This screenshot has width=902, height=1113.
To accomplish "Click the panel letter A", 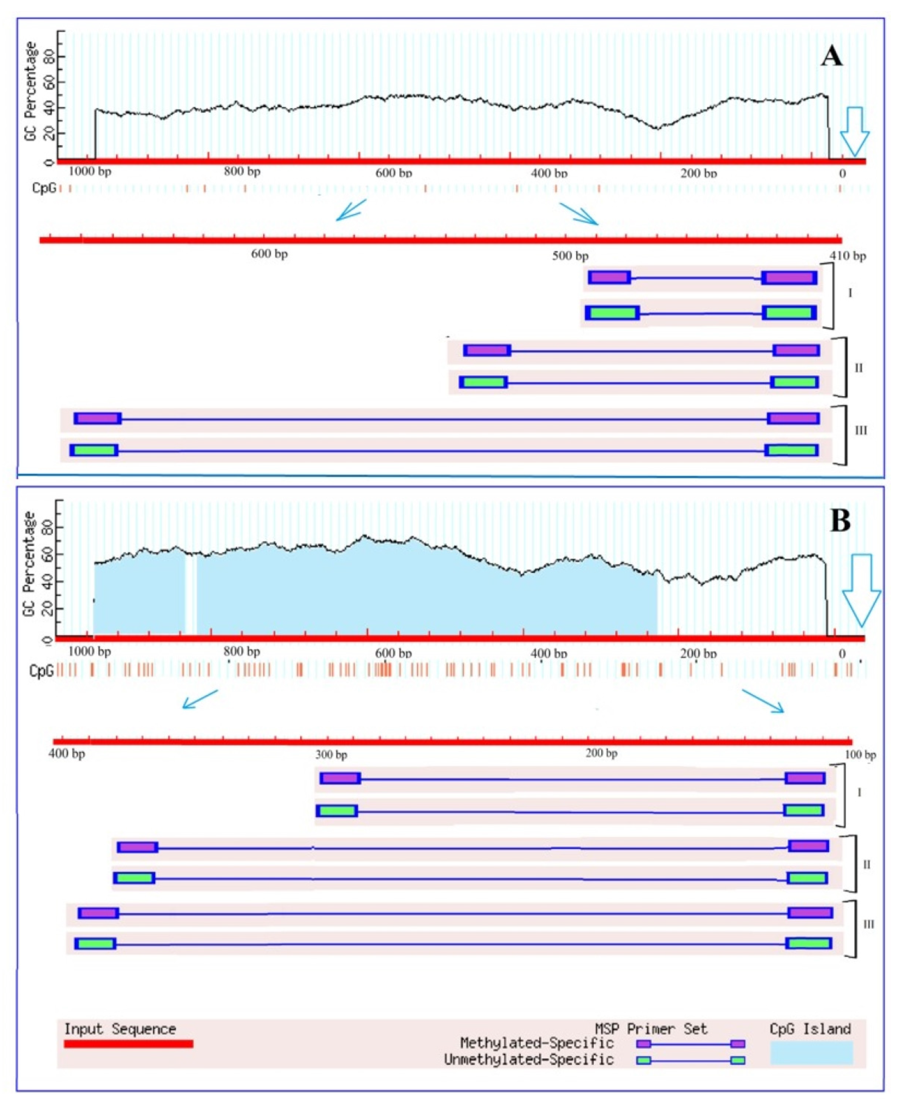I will click(831, 56).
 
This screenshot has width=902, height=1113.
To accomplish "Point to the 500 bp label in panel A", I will click(570, 256).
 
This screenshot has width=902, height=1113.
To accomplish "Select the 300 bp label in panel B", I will click(331, 754).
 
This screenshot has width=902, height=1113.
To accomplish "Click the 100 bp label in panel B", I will click(860, 754).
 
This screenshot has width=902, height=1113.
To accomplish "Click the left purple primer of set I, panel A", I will click(610, 278).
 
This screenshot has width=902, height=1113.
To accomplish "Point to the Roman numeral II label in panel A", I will click(858, 368).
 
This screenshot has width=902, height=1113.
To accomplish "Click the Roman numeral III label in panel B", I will click(868, 924).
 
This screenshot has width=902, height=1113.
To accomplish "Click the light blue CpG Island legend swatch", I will click(811, 1052).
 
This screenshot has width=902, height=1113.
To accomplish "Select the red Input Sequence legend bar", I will click(128, 1044).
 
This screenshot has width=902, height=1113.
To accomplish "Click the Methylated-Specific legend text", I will click(537, 1043).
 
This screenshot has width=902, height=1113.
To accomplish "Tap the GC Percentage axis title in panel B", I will click(30, 564).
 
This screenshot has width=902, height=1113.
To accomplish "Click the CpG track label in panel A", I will click(44, 188).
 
